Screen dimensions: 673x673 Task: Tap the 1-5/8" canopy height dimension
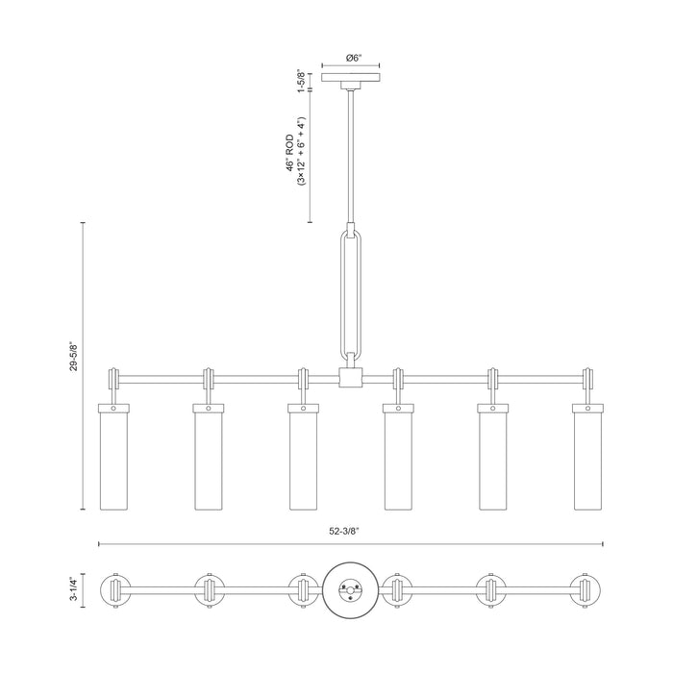point(302,81)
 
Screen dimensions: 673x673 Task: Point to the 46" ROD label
point(290,153)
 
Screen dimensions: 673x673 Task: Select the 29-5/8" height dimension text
point(74,357)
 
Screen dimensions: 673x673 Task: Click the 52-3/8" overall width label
point(344,532)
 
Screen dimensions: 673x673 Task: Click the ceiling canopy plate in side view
point(351,77)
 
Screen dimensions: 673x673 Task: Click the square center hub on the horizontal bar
point(351,378)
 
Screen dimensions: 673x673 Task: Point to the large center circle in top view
point(350,589)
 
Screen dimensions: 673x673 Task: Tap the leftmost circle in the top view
point(114,590)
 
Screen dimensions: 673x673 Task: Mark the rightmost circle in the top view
point(586,590)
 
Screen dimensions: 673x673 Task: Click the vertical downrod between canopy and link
point(351,156)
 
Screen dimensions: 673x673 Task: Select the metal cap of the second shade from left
point(209,408)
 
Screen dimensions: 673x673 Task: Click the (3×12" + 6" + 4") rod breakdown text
point(301,151)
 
